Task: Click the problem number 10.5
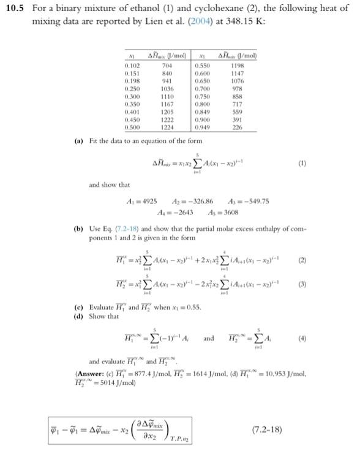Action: point(17,9)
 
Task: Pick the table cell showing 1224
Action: point(166,128)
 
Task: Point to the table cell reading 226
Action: point(238,128)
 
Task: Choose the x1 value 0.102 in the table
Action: point(131,64)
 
